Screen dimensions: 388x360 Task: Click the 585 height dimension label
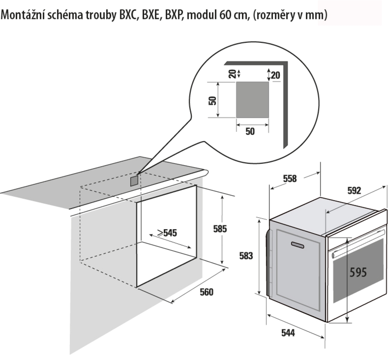pos(220,229)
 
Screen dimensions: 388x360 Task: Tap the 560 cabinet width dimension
pos(206,292)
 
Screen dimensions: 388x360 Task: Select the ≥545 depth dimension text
pos(167,233)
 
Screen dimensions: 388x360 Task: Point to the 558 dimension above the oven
pos(289,178)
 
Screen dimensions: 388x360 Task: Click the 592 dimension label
pos(354,190)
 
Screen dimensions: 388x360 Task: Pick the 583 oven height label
pos(246,256)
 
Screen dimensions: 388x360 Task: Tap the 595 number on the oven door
pos(358,272)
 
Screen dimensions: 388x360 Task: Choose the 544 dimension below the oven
pos(288,333)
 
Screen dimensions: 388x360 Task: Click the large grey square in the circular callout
pos(252,100)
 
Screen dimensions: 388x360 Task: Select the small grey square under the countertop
pos(134,181)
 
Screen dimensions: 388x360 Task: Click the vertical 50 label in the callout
pos(212,100)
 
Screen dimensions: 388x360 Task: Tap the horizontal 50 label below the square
pos(250,132)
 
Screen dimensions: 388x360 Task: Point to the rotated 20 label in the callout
pos(232,74)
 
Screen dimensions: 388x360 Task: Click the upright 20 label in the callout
pos(275,75)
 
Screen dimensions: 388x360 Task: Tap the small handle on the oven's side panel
pos(298,245)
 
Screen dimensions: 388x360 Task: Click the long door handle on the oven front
pos(359,243)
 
